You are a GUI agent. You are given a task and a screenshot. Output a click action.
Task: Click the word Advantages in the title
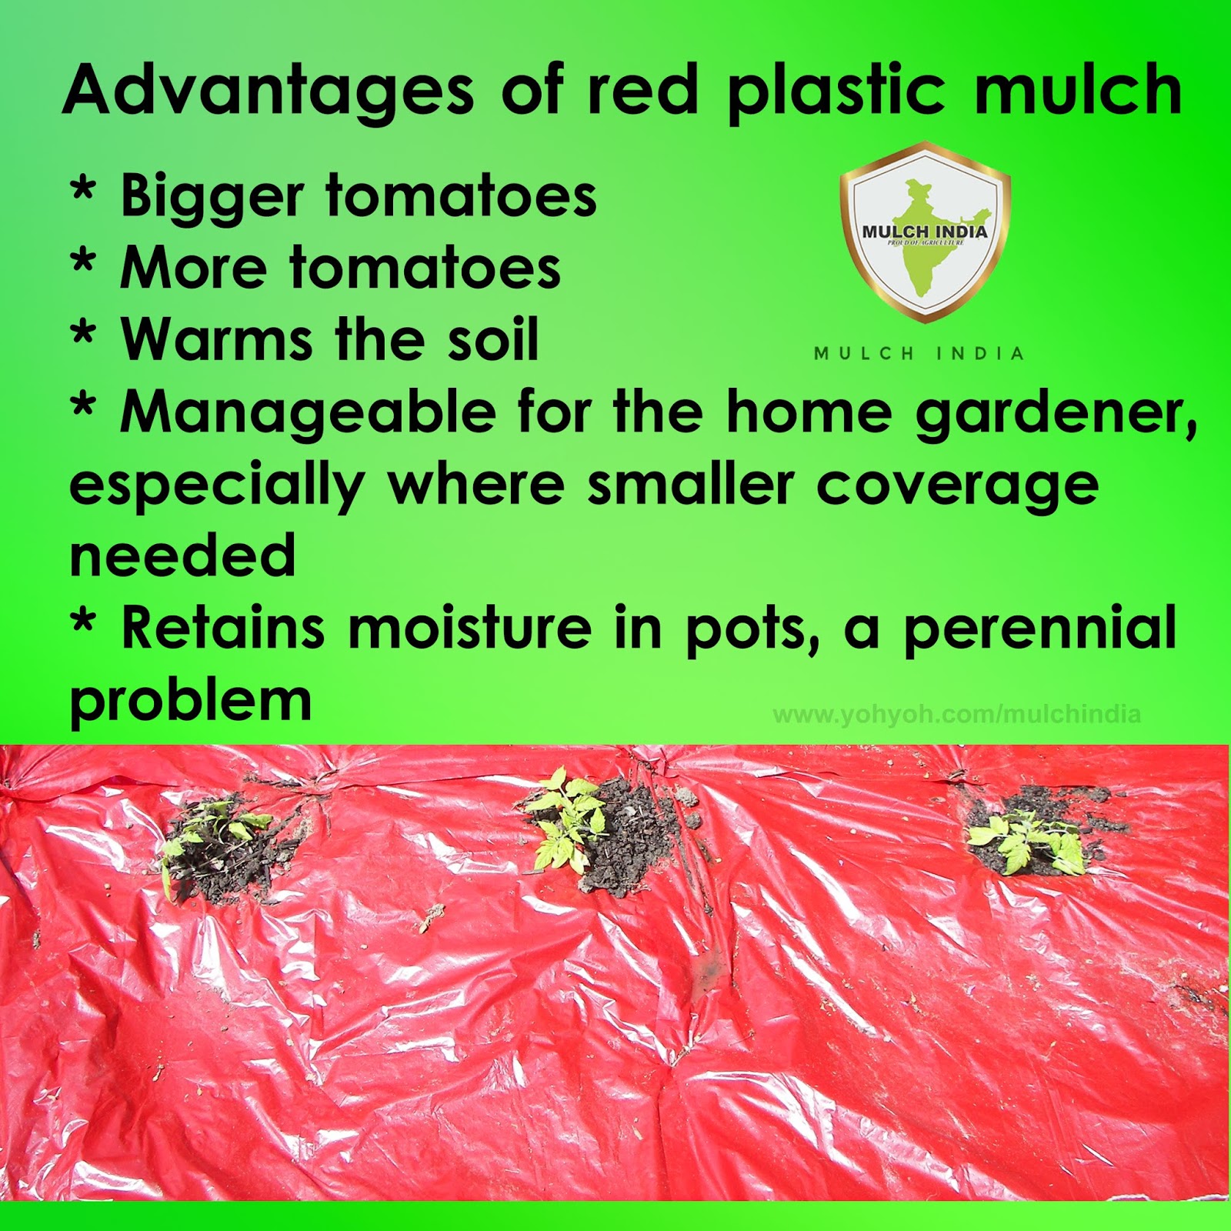click(268, 91)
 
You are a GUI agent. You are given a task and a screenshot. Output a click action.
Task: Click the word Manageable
click(308, 412)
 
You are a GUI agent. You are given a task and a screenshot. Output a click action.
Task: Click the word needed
click(182, 555)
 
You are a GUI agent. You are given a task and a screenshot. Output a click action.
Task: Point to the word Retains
click(223, 628)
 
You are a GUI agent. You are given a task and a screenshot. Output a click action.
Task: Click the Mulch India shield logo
click(924, 231)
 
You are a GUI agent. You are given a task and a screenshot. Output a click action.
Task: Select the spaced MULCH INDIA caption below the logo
click(919, 354)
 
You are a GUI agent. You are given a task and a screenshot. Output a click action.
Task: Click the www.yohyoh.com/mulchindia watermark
click(956, 715)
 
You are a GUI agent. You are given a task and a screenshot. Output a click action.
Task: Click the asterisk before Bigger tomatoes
click(83, 191)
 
